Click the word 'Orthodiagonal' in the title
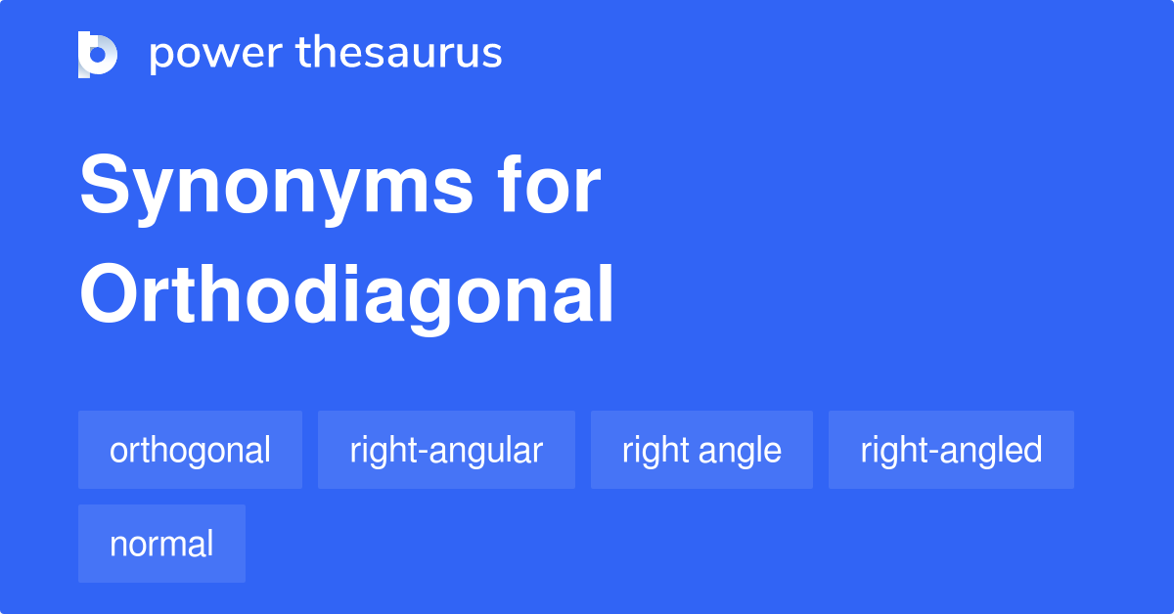coord(347,294)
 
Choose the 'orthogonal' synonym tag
coord(190,450)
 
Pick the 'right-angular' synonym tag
coord(446,450)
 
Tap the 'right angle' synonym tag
coord(701,450)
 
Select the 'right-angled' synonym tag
coord(951,450)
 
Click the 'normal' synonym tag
coord(161,544)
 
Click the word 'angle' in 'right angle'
coord(741,452)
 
